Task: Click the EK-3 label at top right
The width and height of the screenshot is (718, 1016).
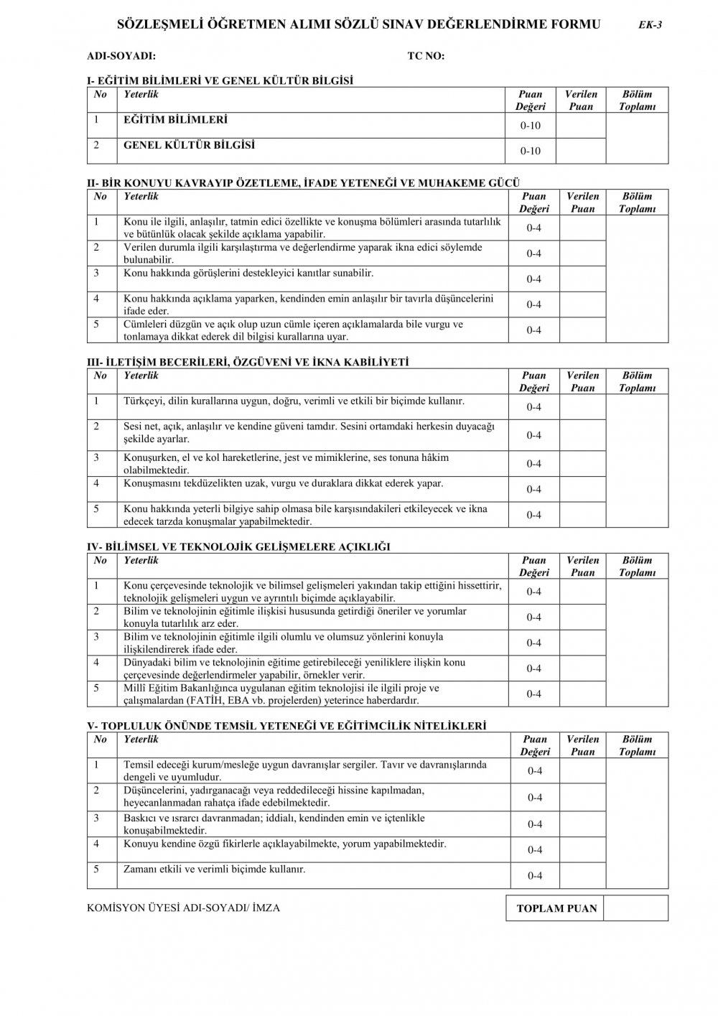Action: point(650,24)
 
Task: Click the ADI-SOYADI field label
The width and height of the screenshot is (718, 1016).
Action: point(121,56)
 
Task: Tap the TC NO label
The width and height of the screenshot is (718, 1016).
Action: point(426,56)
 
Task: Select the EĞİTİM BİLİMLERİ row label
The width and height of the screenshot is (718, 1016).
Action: point(175,120)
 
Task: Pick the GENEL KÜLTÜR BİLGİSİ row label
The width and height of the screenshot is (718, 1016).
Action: point(189,145)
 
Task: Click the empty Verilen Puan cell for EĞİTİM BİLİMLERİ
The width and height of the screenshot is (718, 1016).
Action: point(581,126)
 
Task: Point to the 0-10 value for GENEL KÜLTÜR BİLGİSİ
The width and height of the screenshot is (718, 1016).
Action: point(531,151)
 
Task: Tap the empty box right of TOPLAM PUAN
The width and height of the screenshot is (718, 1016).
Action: point(635,908)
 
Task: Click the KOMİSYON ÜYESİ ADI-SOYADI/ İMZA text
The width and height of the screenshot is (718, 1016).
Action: point(183,908)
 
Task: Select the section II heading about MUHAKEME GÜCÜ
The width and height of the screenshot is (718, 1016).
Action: point(303,183)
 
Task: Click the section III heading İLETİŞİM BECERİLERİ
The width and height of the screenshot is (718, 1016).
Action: point(247,363)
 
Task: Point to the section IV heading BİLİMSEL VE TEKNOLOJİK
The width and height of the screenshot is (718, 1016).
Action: point(238,547)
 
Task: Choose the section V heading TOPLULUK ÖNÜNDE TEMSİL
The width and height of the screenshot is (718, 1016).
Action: point(286,726)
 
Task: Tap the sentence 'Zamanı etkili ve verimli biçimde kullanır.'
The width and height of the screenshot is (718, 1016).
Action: point(214,869)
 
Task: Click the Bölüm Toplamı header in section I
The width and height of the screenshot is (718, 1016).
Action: point(637,101)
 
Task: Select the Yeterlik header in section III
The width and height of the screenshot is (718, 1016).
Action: point(141,376)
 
